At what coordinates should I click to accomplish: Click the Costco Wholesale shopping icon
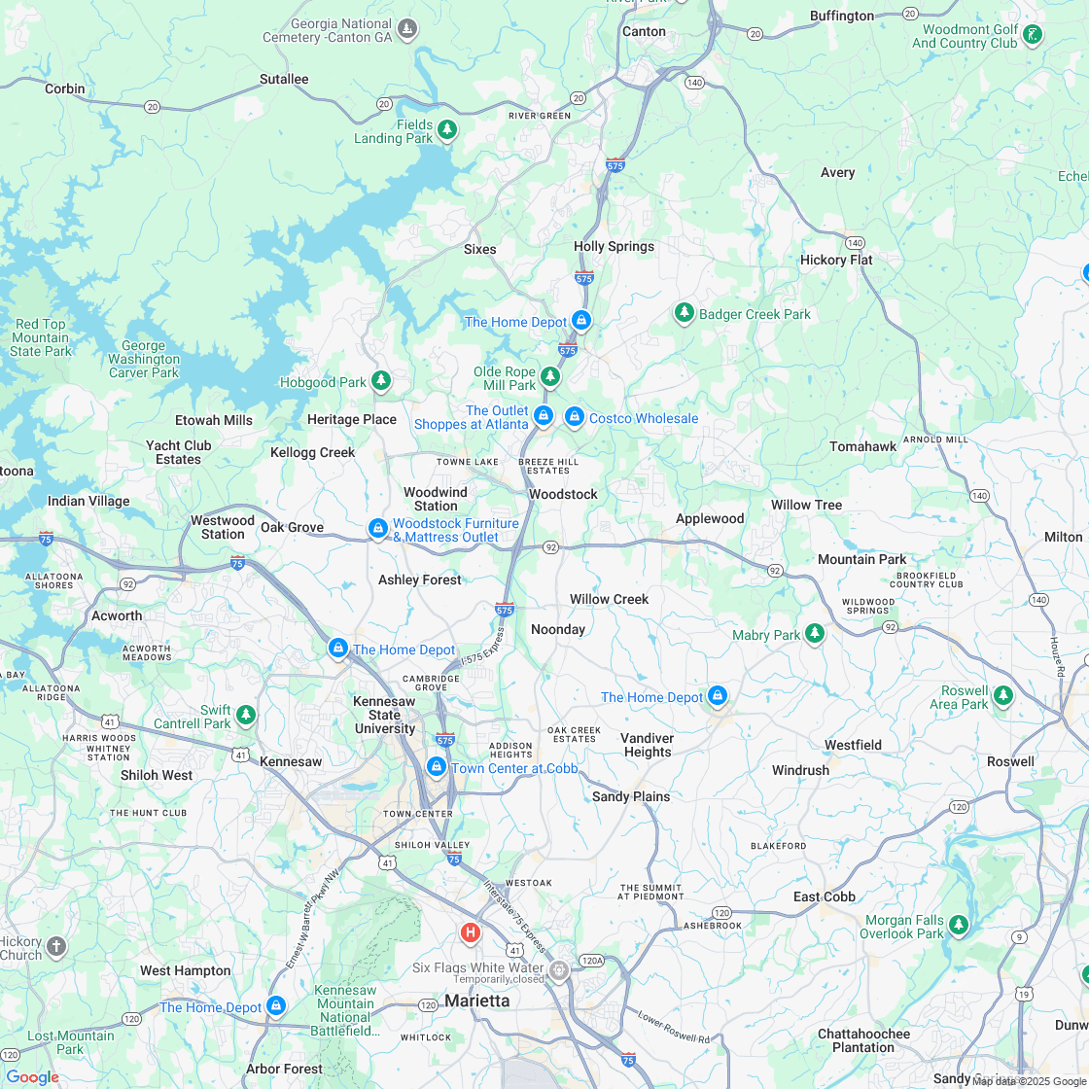click(575, 417)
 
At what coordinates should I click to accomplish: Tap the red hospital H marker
click(471, 932)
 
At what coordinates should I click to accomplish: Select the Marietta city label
click(476, 1001)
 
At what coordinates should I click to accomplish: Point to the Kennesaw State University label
click(385, 716)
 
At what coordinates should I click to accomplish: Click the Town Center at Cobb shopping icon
click(437, 767)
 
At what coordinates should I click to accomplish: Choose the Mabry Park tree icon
click(815, 634)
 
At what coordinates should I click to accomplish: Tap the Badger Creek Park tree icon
click(685, 313)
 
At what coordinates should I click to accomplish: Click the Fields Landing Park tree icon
click(447, 129)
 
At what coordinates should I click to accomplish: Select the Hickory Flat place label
click(836, 260)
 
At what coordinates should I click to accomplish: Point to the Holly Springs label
click(614, 246)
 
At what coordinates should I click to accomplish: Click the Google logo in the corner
click(32, 1076)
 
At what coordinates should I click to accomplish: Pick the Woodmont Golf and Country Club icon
click(1033, 35)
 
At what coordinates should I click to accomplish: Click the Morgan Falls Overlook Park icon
click(959, 924)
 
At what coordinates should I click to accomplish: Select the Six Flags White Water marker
click(559, 969)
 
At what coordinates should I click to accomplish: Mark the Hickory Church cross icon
click(56, 945)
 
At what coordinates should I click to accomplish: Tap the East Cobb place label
click(824, 896)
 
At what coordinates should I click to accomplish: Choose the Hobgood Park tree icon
click(382, 381)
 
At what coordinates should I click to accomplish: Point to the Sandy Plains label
click(631, 796)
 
